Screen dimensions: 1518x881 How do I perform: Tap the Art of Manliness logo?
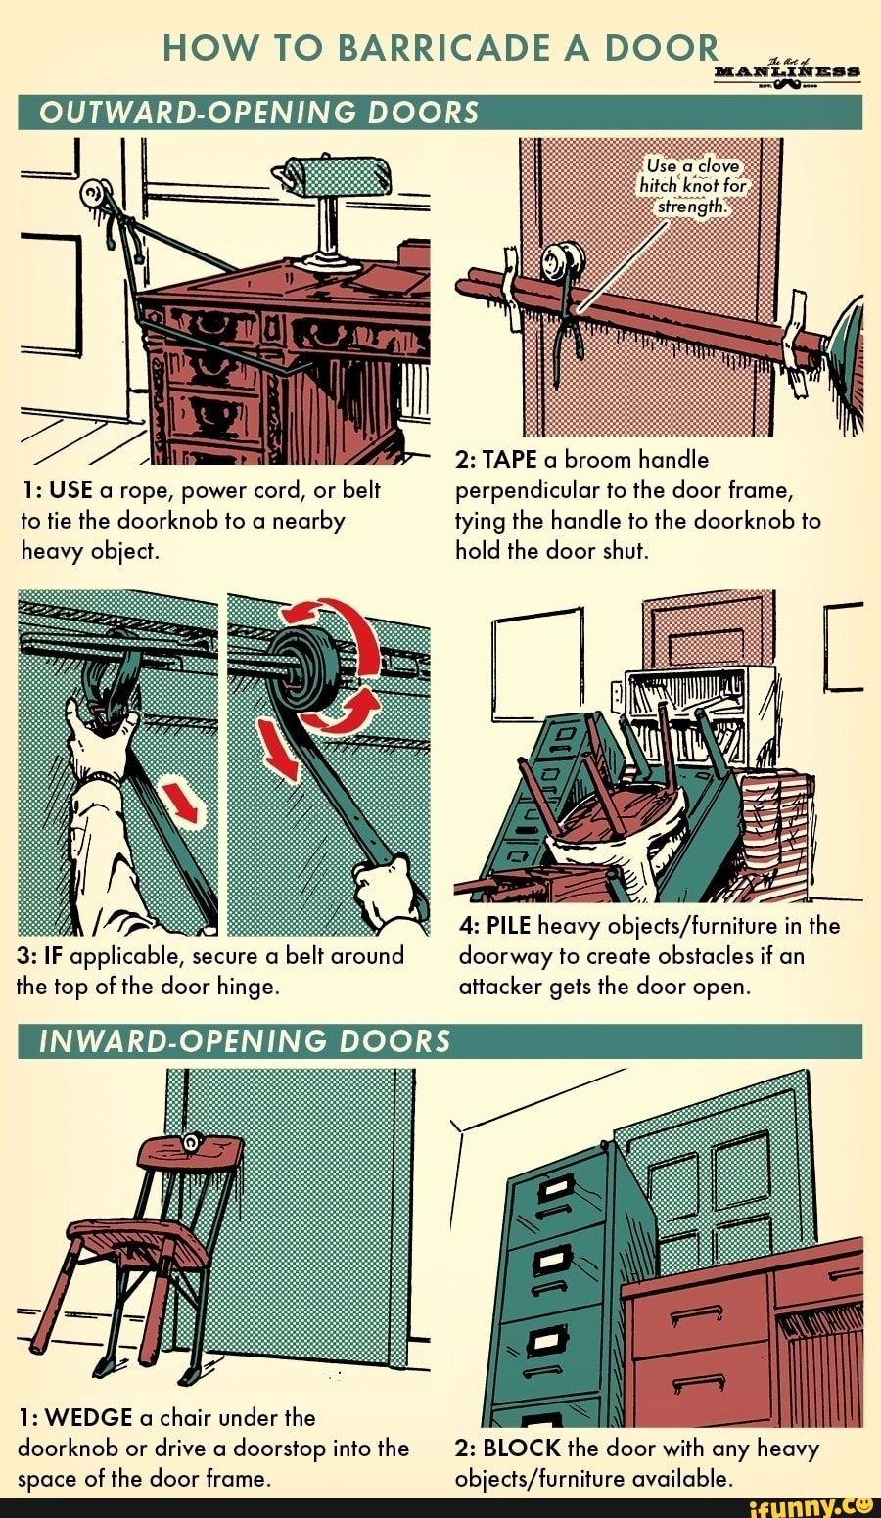pyautogui.click(x=788, y=72)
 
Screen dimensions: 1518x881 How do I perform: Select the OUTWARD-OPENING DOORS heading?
pyautogui.click(x=258, y=113)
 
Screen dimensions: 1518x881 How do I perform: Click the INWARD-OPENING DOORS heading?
pyautogui.click(x=244, y=1040)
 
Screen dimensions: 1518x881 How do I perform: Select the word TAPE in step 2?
pyautogui.click(x=507, y=460)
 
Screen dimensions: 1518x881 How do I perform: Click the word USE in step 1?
pyautogui.click(x=70, y=489)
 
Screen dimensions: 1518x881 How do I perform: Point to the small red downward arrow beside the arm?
pyautogui.click(x=184, y=801)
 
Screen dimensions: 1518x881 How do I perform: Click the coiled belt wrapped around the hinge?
pyautogui.click(x=304, y=670)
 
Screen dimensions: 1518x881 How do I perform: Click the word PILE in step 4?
pyautogui.click(x=508, y=926)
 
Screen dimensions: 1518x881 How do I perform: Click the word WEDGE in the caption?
pyautogui.click(x=89, y=1417)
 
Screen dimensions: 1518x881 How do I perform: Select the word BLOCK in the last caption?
pyautogui.click(x=522, y=1448)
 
